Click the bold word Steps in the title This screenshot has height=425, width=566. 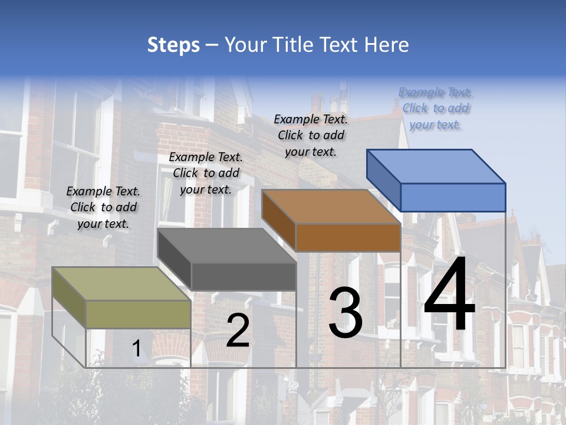(173, 45)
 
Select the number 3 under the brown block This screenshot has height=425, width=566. (345, 313)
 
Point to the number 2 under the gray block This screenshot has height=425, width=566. (238, 331)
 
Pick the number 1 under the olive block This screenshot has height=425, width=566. (136, 348)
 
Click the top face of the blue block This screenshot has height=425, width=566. (436, 166)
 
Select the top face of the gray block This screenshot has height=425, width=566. (227, 246)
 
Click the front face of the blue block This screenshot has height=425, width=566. (453, 197)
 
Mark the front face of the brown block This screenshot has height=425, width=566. (348, 237)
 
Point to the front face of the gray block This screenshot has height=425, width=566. (243, 276)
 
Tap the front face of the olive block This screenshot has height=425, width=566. (139, 314)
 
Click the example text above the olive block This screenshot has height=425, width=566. (103, 208)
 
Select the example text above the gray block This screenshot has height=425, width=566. (206, 174)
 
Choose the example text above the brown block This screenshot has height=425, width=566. (311, 136)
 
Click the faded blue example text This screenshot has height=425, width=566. (436, 109)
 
